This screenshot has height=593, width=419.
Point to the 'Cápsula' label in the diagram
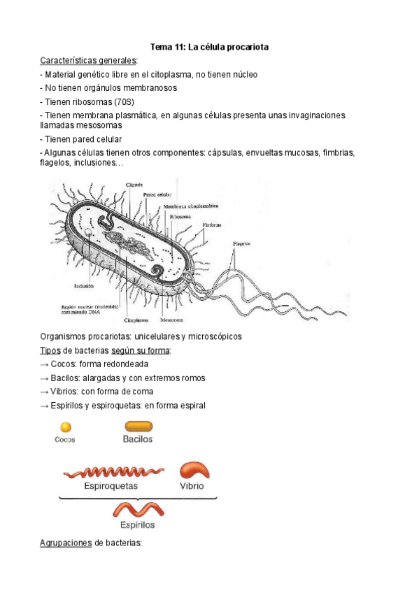[x=135, y=185]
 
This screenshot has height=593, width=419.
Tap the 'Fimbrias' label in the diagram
[x=213, y=225]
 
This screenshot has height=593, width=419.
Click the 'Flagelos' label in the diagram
[x=241, y=244]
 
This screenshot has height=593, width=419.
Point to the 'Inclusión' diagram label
[x=83, y=285]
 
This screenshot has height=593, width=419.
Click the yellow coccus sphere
[x=65, y=427]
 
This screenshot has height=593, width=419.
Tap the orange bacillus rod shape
[x=138, y=426]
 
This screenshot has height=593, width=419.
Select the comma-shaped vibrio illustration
[x=194, y=471]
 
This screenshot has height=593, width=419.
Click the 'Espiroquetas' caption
[x=111, y=485]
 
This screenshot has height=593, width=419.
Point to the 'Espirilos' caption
[x=137, y=524]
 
